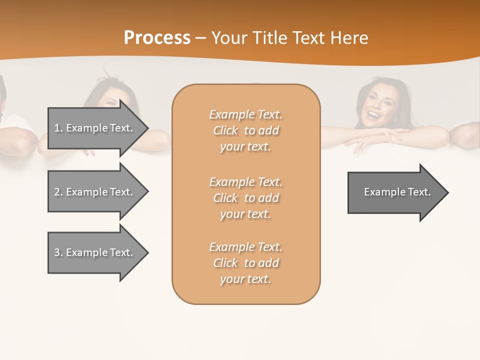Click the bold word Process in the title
[x=157, y=37]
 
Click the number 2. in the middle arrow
[x=58, y=192]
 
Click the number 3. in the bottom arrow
[x=58, y=252]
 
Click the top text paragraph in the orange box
[x=245, y=130]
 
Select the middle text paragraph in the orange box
[x=245, y=198]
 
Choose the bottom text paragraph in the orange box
[x=245, y=263]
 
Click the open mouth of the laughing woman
[x=373, y=115]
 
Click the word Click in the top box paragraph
[x=225, y=130]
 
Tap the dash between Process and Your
[x=200, y=38]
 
